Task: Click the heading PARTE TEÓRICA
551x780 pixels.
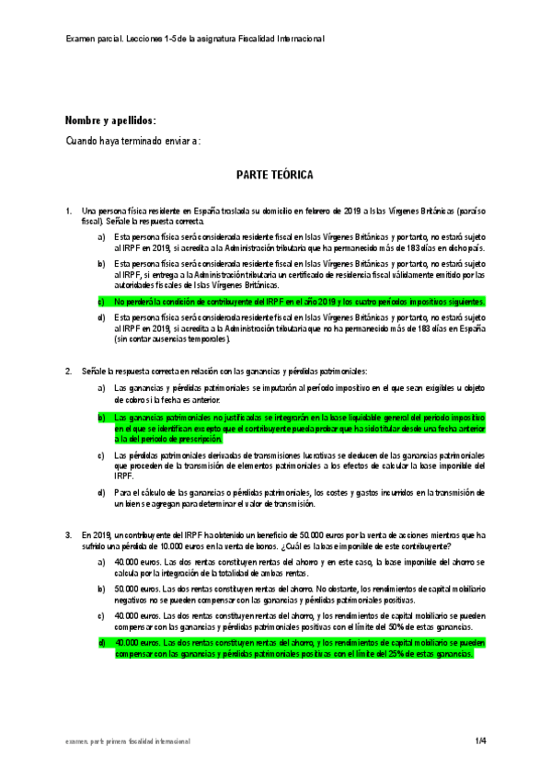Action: coord(274,174)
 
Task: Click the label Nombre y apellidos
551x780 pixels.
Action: coord(110,120)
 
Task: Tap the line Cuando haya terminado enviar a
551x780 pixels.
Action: coord(132,140)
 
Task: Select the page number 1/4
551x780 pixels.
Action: coord(480,740)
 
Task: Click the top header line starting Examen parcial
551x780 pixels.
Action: coord(195,39)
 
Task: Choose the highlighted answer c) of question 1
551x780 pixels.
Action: coord(304,301)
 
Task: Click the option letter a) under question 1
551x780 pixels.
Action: coord(101,237)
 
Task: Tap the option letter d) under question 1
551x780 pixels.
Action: coord(101,317)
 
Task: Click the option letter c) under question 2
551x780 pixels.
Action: coord(101,454)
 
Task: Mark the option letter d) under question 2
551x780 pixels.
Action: coord(101,492)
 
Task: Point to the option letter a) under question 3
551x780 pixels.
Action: coord(101,560)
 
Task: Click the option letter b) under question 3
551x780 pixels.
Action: coord(101,587)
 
